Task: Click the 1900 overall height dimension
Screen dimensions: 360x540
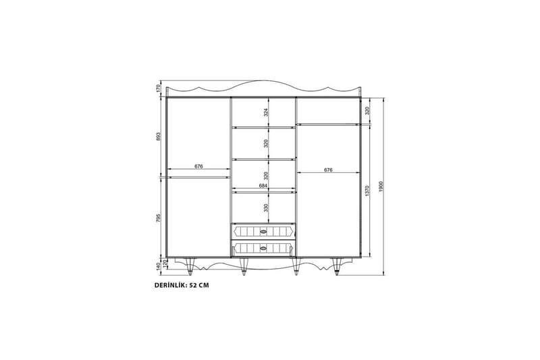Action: click(x=381, y=186)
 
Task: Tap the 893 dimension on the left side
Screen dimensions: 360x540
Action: click(x=158, y=136)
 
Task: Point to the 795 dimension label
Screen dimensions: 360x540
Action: click(x=158, y=218)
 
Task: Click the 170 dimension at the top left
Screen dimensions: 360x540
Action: click(x=158, y=88)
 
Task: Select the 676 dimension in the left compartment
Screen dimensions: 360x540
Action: click(x=198, y=166)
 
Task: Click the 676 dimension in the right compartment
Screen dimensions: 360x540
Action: click(x=327, y=170)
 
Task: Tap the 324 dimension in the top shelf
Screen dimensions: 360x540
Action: click(x=266, y=111)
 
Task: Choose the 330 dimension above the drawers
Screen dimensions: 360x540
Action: click(x=266, y=207)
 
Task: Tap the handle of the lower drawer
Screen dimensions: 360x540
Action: click(x=264, y=249)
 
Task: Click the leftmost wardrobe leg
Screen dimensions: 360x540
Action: click(x=192, y=268)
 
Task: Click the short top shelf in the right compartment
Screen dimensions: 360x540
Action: click(x=327, y=124)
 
